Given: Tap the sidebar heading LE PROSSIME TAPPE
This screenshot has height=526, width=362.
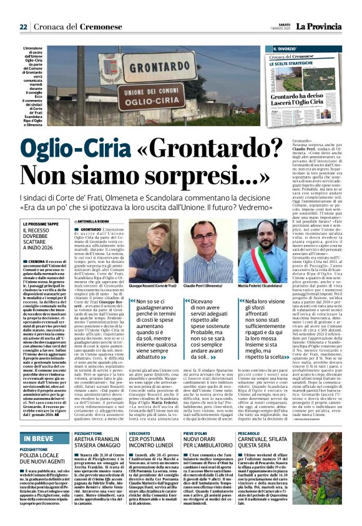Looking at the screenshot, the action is (x=42, y=223).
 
